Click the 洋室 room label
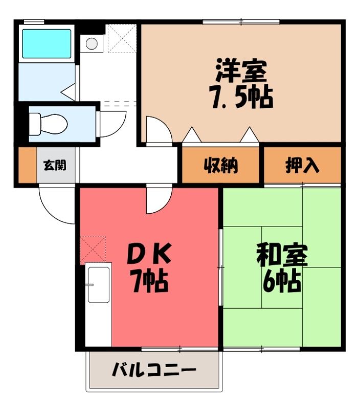(x=241, y=71)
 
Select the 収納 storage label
(x=221, y=165)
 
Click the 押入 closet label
(x=302, y=165)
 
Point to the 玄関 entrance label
(x=55, y=165)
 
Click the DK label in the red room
(x=149, y=253)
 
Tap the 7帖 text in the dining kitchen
(x=149, y=282)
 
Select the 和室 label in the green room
(x=282, y=255)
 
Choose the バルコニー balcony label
(x=154, y=370)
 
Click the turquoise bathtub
(x=47, y=43)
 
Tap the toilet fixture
(x=48, y=124)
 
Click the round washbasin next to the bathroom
(x=92, y=43)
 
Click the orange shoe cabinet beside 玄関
(x=28, y=165)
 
